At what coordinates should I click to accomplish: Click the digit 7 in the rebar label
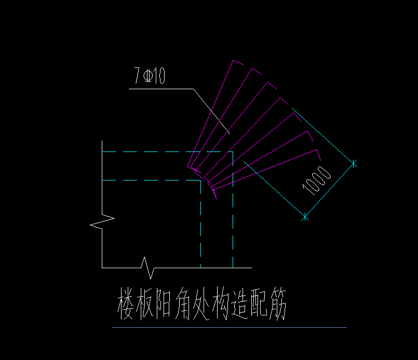(137, 75)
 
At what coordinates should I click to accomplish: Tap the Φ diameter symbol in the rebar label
(148, 76)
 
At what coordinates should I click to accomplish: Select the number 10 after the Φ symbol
(159, 76)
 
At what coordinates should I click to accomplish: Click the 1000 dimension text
(317, 181)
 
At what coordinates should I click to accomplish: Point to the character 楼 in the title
(126, 303)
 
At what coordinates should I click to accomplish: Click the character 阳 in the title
(163, 303)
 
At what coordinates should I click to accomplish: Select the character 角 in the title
(183, 303)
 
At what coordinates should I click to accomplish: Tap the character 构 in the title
(221, 303)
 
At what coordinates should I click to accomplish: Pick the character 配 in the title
(259, 303)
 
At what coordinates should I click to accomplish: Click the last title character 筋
(278, 303)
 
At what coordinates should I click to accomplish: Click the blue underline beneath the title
(230, 327)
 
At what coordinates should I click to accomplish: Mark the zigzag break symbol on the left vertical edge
(102, 221)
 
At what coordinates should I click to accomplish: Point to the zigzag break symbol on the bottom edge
(147, 268)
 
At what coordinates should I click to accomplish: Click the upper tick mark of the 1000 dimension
(354, 163)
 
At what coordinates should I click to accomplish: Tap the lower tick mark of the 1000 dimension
(305, 217)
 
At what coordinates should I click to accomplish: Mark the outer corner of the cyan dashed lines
(233, 152)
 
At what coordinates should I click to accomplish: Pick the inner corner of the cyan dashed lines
(201, 181)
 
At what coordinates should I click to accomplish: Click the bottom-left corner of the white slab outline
(102, 268)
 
